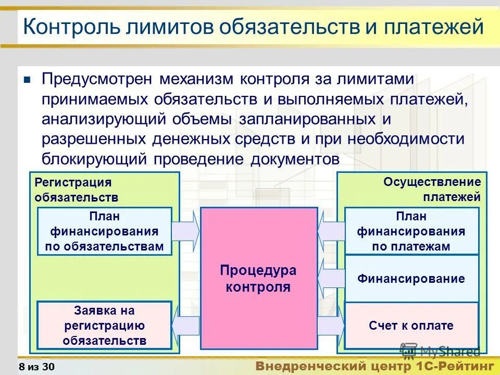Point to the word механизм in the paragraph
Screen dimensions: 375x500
pyautogui.click(x=197, y=80)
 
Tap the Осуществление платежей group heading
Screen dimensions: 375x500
pyautogui.click(x=432, y=190)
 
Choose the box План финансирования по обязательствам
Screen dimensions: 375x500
pyautogui.click(x=104, y=231)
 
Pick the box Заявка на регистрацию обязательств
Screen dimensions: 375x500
pyautogui.click(x=104, y=326)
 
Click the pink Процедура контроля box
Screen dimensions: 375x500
pyautogui.click(x=259, y=278)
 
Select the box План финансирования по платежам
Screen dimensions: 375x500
pyautogui.click(x=411, y=231)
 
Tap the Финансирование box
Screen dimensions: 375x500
pyautogui.click(x=411, y=279)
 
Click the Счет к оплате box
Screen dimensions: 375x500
pyautogui.click(x=411, y=326)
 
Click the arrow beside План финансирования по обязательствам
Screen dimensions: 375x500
pyautogui.click(x=186, y=231)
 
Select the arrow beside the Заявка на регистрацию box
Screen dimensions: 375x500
pyautogui.click(x=186, y=326)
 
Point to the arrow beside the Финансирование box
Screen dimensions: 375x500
pyautogui.click(x=331, y=279)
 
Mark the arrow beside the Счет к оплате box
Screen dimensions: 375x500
pyautogui.click(x=331, y=326)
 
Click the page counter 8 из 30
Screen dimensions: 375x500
pyautogui.click(x=36, y=367)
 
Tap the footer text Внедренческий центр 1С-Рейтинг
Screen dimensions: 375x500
pyautogui.click(x=374, y=366)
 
